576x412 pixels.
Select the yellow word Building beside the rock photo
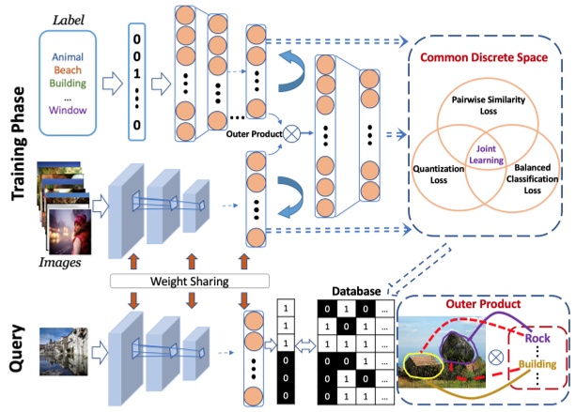[537, 364]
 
